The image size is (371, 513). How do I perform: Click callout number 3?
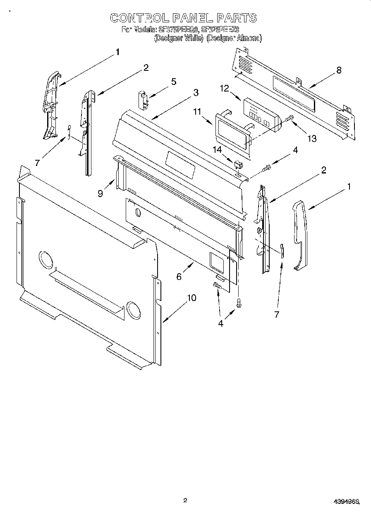click(x=195, y=92)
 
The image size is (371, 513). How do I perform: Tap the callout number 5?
click(x=174, y=82)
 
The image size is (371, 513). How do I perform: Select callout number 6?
click(x=179, y=277)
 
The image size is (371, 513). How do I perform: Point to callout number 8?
click(x=339, y=70)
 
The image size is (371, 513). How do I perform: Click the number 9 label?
click(x=101, y=193)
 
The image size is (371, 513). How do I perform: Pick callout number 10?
click(x=191, y=298)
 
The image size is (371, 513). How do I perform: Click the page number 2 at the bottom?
click(x=185, y=501)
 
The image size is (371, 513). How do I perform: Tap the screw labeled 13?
click(x=289, y=119)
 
